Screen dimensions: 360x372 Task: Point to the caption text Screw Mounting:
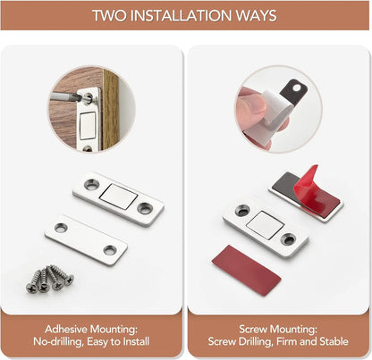pyautogui.click(x=277, y=328)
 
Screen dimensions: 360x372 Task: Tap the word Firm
pyautogui.click(x=283, y=341)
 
